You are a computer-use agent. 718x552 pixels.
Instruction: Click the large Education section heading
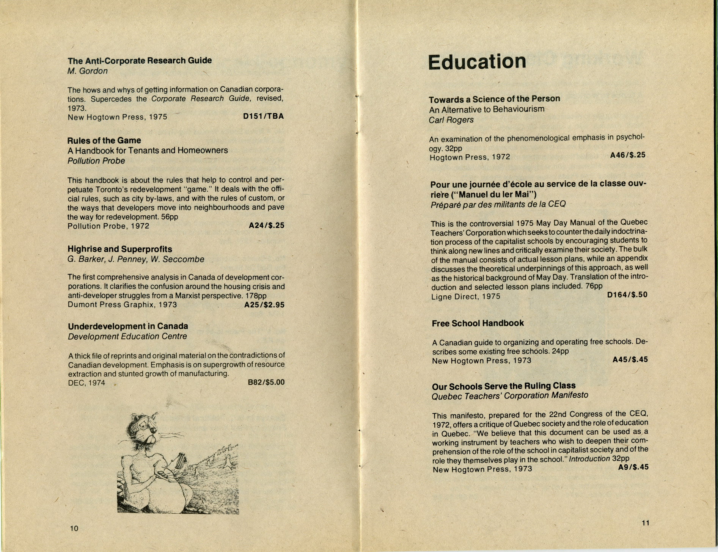(477, 62)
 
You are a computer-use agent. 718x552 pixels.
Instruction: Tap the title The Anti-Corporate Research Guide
(140, 61)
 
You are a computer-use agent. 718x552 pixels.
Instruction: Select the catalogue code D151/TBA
(263, 116)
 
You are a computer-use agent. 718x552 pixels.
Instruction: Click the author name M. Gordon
(88, 71)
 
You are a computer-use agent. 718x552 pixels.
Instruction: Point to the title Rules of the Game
(104, 140)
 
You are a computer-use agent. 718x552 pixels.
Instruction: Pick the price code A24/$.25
(266, 226)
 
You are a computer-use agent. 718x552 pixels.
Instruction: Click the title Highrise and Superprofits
(120, 249)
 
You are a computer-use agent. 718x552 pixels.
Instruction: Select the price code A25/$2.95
(264, 305)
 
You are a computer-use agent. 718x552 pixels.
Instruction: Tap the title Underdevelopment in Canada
(128, 326)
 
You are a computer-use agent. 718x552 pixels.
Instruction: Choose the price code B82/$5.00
(266, 382)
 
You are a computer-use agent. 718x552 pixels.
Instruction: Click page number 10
(74, 528)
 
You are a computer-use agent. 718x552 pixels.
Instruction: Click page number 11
(645, 523)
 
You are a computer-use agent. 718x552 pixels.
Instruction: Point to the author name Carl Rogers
(451, 120)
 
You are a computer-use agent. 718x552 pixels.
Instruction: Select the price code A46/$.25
(627, 155)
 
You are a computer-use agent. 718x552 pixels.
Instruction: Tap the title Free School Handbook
(478, 323)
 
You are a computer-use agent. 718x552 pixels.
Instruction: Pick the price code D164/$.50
(627, 295)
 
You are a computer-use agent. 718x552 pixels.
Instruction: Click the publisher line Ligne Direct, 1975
(465, 296)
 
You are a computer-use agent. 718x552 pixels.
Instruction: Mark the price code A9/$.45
(633, 467)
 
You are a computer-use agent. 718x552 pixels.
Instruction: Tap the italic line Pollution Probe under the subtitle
(96, 161)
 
